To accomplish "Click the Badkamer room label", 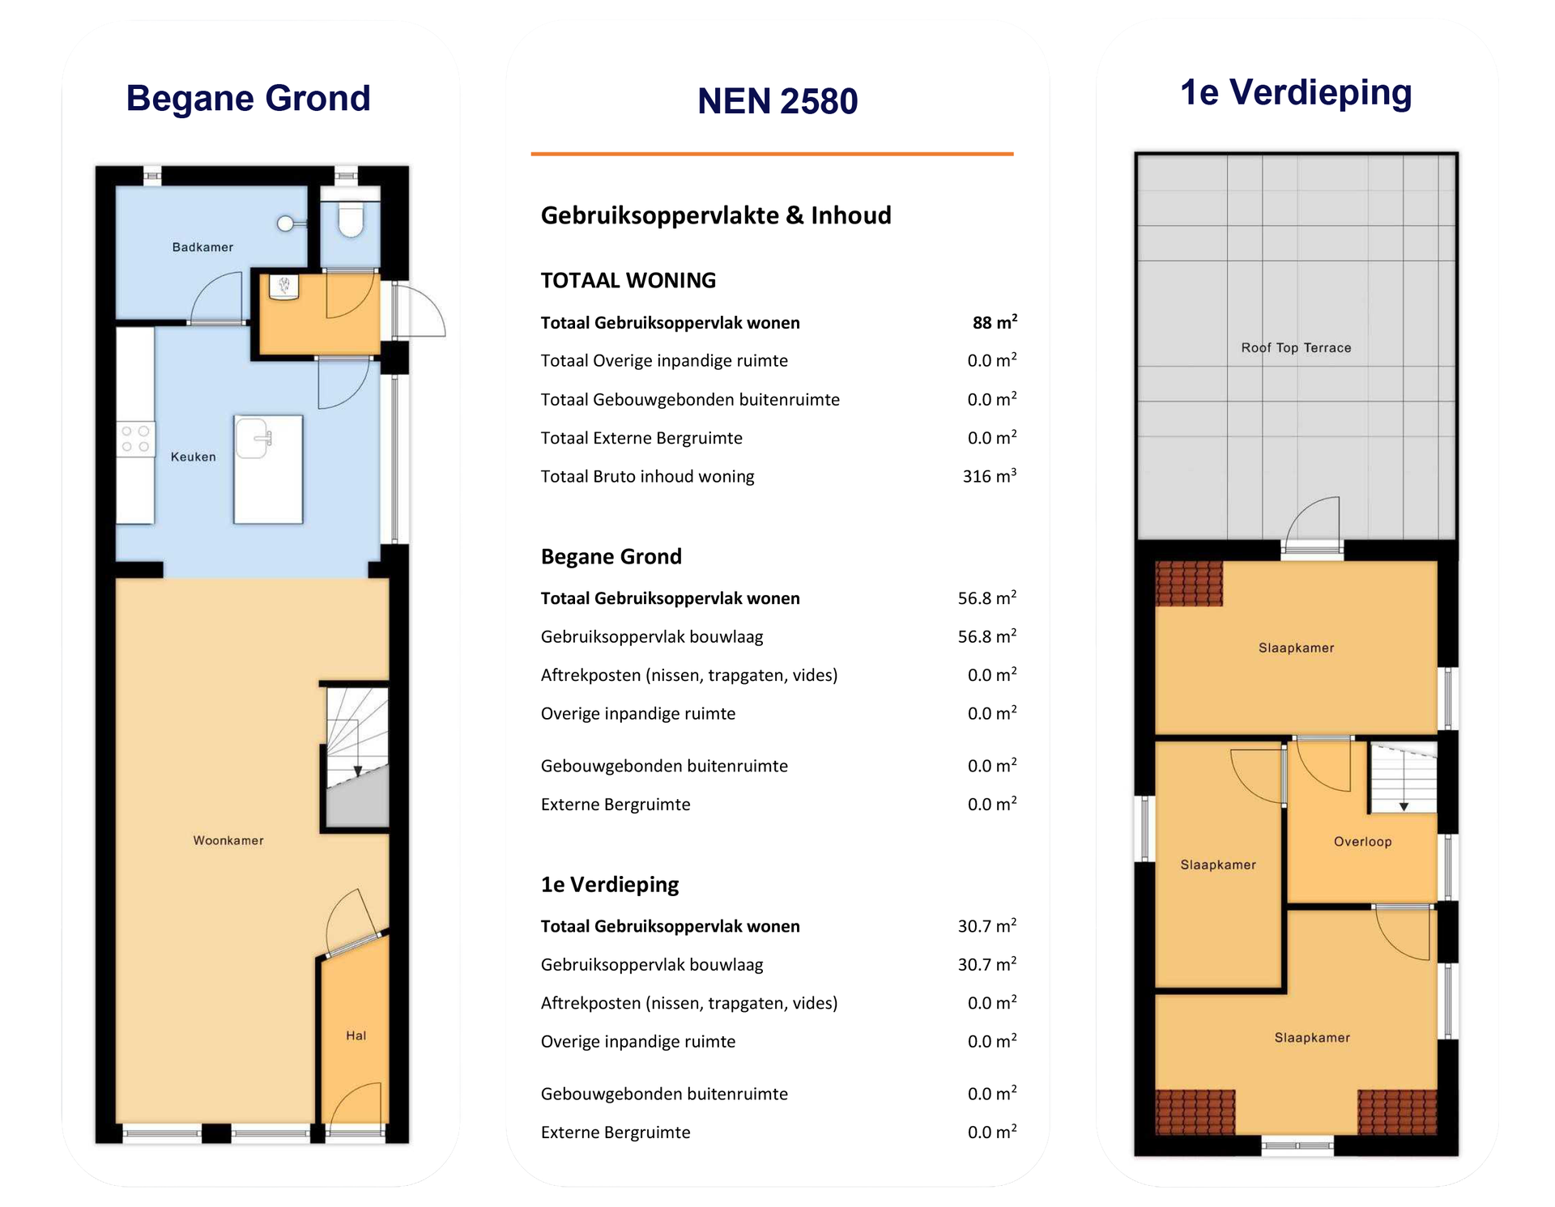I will pos(202,247).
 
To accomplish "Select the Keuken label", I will pos(193,457).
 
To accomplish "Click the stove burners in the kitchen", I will pos(135,439).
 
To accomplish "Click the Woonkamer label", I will pos(228,840).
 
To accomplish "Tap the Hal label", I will pos(356,1035).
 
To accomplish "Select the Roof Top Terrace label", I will pos(1296,347).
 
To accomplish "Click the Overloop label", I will pos(1362,842).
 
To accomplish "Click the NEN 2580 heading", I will pos(777,101).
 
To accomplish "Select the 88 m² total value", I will pos(994,322).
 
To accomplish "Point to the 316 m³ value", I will pos(989,476).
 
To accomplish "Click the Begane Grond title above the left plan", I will pos(248,98).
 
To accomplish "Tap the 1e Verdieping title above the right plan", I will pos(1296,92).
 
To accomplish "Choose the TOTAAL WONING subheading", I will pos(628,280).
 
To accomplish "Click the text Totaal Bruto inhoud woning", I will pos(647,476).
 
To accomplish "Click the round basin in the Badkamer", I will pos(286,223).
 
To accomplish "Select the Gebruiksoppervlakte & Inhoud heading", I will pos(715,215).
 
